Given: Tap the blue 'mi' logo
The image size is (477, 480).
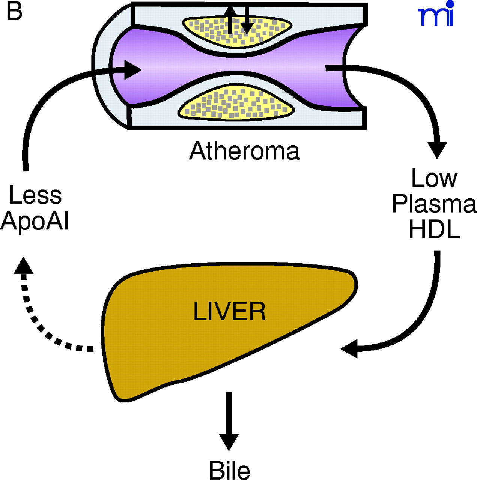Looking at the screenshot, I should (x=436, y=15).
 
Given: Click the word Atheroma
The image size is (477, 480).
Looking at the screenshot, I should (x=244, y=151).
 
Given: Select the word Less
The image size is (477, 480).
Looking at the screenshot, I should (x=35, y=195).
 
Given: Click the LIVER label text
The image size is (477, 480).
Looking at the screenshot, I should (x=229, y=311).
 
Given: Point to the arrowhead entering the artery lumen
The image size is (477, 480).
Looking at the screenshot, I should (x=132, y=70).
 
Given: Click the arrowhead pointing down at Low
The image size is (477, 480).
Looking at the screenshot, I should (x=437, y=150).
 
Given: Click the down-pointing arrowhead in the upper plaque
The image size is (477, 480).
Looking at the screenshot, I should (x=247, y=28).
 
